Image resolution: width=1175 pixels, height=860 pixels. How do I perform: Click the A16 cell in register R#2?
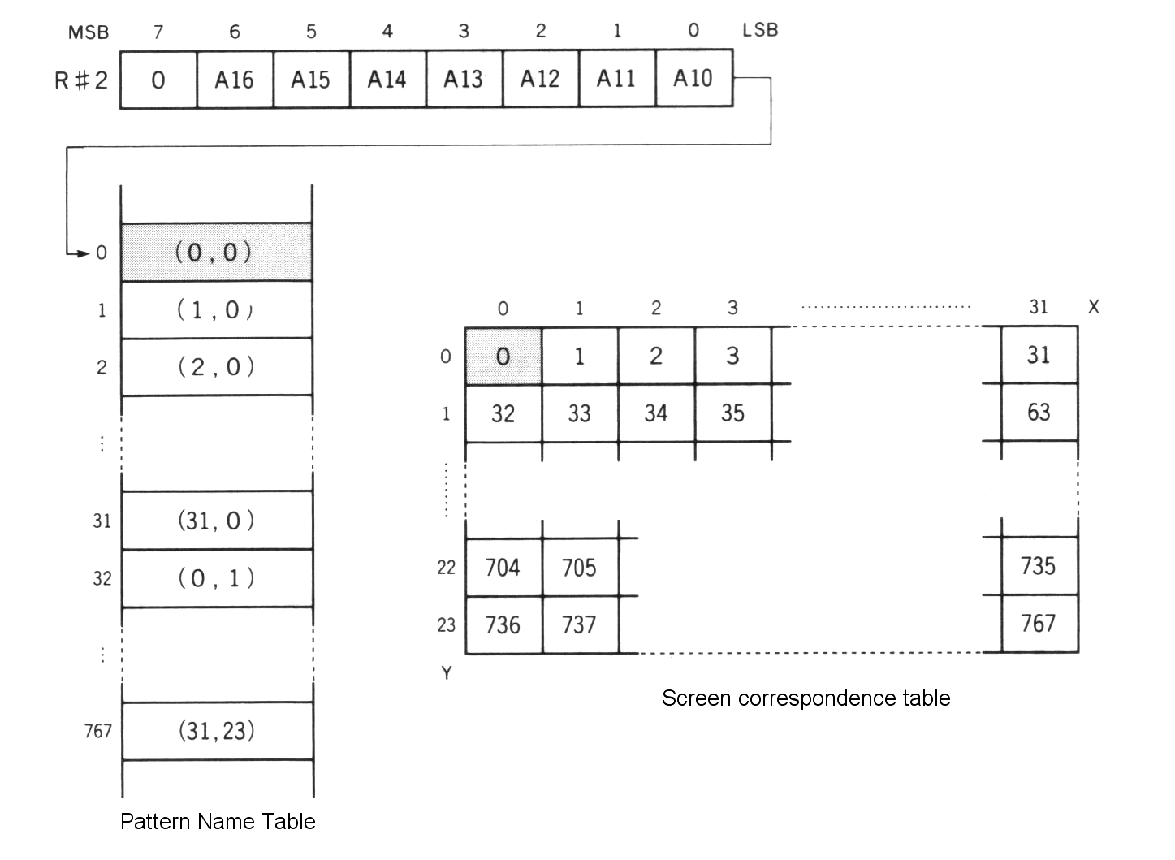coord(234,80)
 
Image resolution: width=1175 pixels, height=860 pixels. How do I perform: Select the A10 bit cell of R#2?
coord(693,79)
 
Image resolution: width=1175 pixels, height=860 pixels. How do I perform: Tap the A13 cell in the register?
coord(463,79)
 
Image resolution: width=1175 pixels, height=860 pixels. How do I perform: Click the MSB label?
coord(89,32)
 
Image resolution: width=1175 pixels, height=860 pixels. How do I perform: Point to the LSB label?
coord(760,31)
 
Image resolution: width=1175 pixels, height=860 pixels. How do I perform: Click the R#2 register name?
coord(80,80)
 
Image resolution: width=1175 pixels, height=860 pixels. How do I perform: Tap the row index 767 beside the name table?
coord(97,731)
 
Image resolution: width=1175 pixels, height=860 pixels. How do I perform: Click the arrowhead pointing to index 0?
coord(82,253)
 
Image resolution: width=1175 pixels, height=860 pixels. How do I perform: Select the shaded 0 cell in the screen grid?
coord(503,356)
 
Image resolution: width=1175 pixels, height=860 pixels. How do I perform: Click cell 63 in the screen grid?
coord(1039,413)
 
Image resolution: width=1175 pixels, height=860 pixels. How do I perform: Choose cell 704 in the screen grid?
coord(503,567)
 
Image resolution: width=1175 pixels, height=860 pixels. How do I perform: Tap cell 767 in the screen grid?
coord(1039,624)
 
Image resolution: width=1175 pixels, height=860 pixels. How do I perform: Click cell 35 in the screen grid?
coord(732,413)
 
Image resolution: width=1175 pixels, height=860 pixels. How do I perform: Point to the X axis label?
coord(1093,307)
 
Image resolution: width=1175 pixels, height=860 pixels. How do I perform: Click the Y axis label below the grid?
coord(447,672)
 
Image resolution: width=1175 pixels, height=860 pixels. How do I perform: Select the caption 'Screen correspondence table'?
coord(806,698)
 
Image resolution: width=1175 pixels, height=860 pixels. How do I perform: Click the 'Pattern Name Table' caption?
coord(218,822)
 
